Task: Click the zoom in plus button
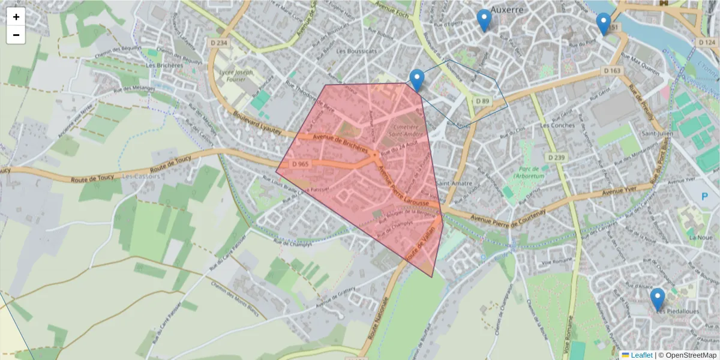pyautogui.click(x=16, y=17)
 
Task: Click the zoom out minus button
pyautogui.click(x=16, y=35)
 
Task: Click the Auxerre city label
pyautogui.click(x=507, y=10)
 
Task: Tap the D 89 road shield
pyautogui.click(x=483, y=101)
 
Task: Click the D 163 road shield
pyautogui.click(x=612, y=71)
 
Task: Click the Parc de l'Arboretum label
pyautogui.click(x=527, y=173)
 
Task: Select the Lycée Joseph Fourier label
pyautogui.click(x=237, y=76)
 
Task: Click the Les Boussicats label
pyautogui.click(x=357, y=52)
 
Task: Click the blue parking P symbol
pyautogui.click(x=706, y=196)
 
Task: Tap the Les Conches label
pyautogui.click(x=557, y=125)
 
